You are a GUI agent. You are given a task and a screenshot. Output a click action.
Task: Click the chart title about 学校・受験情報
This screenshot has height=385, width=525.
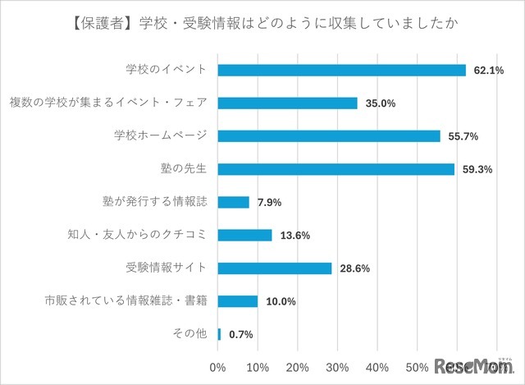point(262,23)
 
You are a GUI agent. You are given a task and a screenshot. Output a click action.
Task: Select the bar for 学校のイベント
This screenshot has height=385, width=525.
point(341,71)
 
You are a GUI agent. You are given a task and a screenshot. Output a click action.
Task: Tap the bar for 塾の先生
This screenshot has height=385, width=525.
point(336,169)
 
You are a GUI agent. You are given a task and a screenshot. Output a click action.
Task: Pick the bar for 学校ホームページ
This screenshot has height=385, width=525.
point(329,136)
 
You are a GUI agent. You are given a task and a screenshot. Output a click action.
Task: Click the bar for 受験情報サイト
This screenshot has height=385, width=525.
point(275,268)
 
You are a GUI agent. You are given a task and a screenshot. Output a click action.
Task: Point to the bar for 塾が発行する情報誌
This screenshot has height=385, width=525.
point(234,202)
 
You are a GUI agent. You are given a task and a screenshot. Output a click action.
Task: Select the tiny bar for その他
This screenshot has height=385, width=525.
point(220,334)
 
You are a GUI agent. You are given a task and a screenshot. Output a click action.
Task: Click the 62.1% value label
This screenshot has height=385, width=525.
point(487,71)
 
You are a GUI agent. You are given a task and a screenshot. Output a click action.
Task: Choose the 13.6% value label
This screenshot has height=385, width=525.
point(294,236)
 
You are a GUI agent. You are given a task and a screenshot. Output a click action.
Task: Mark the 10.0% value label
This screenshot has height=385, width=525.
point(279,301)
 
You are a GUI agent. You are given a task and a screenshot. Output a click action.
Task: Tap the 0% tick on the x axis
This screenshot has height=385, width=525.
point(218,366)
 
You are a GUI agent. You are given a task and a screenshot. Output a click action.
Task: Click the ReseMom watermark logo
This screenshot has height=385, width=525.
point(473,364)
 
